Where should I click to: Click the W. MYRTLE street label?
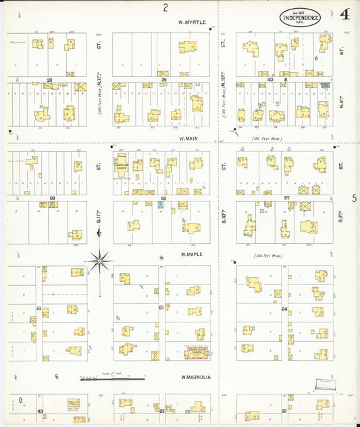coord(192,22)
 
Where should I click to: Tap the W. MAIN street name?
coord(187,138)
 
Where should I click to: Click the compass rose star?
coord(100,259)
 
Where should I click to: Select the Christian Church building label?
coord(122,166)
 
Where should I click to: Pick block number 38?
coord(49,80)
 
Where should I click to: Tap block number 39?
coord(163,80)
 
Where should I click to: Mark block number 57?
coord(286,198)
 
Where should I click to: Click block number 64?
coord(284,309)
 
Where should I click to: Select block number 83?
coord(41,411)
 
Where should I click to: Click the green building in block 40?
coord(325,86)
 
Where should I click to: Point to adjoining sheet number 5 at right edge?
coord(354,198)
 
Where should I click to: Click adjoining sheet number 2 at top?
coord(165,7)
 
